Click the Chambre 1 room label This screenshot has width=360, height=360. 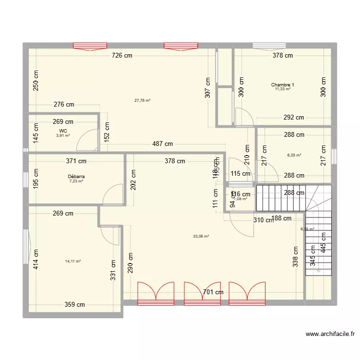(282, 85)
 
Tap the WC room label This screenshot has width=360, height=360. (63, 131)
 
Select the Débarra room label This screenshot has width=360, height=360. (76, 177)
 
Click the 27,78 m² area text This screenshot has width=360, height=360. (142, 100)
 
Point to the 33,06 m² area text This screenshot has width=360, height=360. (201, 236)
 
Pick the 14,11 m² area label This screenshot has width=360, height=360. (72, 261)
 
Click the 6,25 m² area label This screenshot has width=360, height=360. (294, 155)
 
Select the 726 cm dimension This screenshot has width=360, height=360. (122, 56)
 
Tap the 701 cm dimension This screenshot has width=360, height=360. (213, 292)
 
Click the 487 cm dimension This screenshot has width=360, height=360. (163, 144)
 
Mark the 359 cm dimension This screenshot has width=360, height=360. (75, 304)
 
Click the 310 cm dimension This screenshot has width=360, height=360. (264, 220)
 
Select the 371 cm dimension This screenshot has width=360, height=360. (76, 161)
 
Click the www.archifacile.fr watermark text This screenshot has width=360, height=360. (329, 335)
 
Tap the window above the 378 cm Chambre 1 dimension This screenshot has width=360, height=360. (269, 46)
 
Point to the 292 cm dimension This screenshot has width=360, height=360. (293, 117)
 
